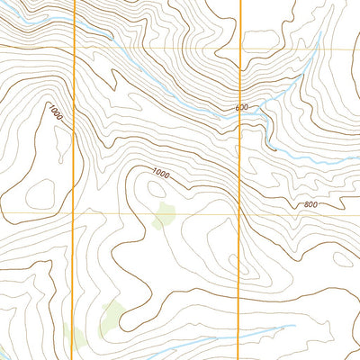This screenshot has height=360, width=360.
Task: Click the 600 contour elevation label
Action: point(241,108)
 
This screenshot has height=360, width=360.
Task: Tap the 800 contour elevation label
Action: point(310,205)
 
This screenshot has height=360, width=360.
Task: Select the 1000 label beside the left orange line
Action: point(56,113)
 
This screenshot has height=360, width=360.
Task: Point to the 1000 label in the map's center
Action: point(160,173)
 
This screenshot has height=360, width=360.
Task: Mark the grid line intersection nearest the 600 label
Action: point(240,49)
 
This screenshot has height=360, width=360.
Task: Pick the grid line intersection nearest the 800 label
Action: point(238,214)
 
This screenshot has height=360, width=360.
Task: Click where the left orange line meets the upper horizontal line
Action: point(73,49)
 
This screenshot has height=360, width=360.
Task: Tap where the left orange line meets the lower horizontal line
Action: point(72,214)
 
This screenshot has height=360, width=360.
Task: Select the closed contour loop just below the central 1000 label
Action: point(156,188)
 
